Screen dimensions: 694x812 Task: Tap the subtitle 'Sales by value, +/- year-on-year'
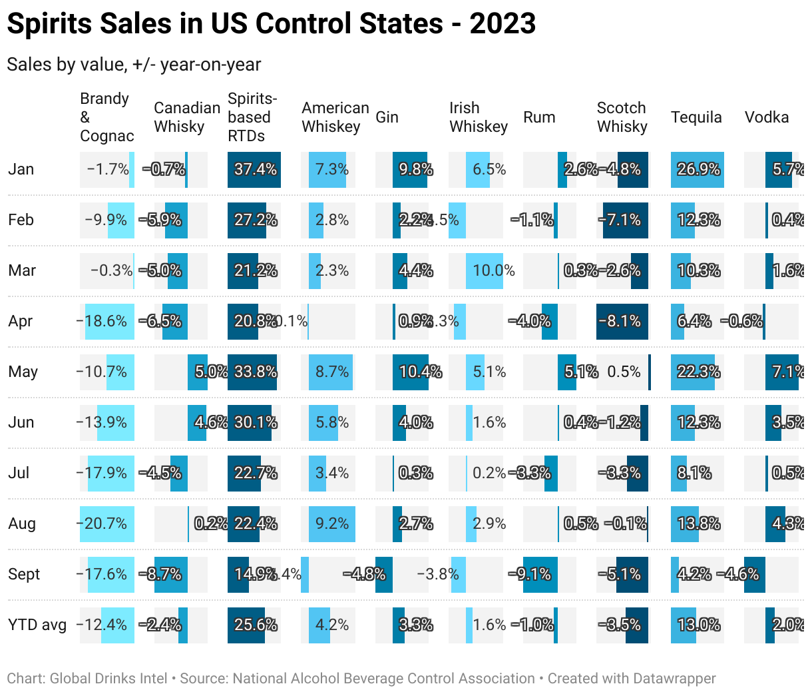134,65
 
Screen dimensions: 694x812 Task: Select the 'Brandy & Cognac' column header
106,117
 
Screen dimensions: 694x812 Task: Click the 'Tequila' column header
696,117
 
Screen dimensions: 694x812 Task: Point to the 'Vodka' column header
766,117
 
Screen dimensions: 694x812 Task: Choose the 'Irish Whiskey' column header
478,117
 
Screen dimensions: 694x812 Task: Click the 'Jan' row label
21,169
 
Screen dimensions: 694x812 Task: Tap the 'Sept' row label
24,574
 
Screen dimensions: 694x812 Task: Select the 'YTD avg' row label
37,625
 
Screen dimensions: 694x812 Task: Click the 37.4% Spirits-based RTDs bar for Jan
254,169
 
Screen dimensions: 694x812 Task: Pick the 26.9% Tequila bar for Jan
698,169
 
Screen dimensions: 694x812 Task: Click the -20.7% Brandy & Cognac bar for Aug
106,523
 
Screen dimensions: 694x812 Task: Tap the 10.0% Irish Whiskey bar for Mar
484,270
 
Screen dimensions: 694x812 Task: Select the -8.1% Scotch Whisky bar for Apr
622,321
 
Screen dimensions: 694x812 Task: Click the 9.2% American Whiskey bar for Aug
331,523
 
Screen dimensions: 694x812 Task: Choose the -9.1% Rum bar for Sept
540,574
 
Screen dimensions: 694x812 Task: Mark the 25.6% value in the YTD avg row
255,625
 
